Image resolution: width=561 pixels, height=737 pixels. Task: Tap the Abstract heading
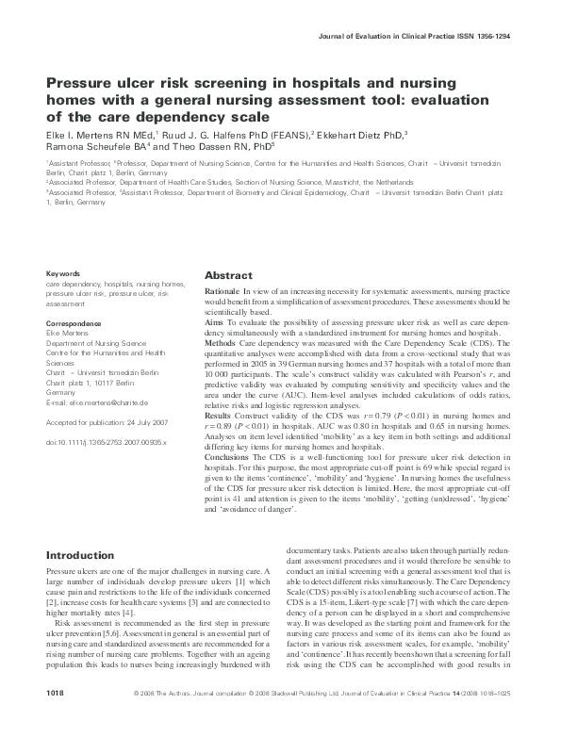pyautogui.click(x=228, y=277)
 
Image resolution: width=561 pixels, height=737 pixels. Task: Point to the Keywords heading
pyautogui.click(x=63, y=273)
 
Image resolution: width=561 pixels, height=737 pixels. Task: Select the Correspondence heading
pyautogui.click(x=74, y=323)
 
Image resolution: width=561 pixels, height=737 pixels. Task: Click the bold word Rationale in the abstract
pyautogui.click(x=222, y=293)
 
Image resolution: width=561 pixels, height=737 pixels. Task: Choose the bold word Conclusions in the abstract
pyautogui.click(x=227, y=457)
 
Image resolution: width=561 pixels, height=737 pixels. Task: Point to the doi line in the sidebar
pyautogui.click(x=107, y=441)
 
